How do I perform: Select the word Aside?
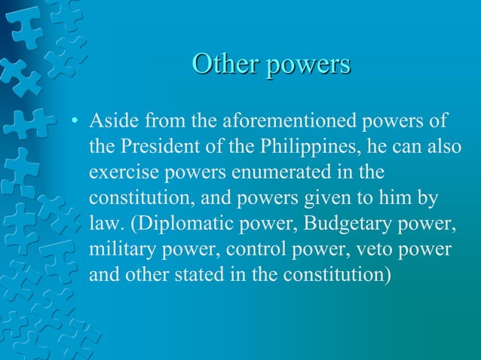[112, 121]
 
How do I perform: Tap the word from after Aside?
[157, 121]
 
